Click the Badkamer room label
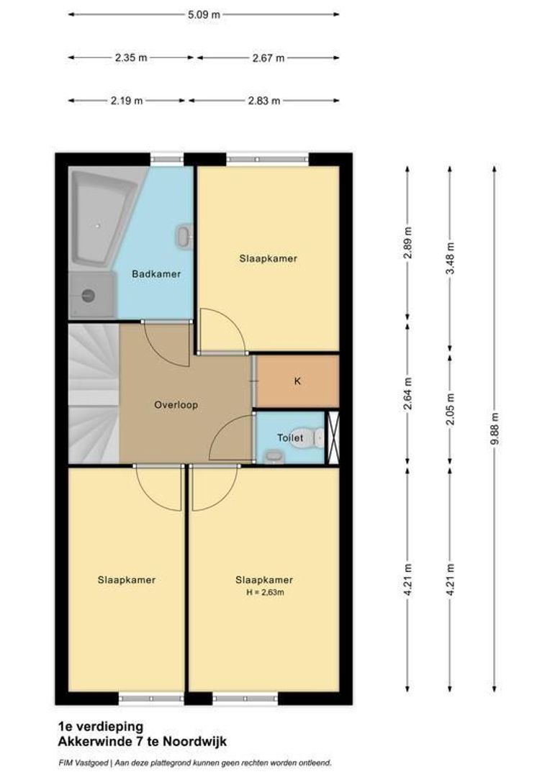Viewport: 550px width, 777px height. [x=155, y=274]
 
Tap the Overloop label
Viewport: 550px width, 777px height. [x=176, y=405]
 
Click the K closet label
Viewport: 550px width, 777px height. [x=297, y=381]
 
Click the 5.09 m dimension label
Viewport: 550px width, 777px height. [x=204, y=14]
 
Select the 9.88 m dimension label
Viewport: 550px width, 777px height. [x=495, y=430]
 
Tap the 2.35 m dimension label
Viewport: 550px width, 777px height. [x=130, y=58]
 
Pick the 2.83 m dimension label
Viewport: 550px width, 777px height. [x=263, y=101]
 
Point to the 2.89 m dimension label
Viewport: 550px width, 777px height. [x=408, y=243]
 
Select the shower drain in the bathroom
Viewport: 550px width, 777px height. [x=89, y=295]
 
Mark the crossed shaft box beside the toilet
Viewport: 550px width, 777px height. [x=333, y=437]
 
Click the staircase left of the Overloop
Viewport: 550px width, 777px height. [x=94, y=392]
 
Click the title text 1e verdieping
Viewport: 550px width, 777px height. [x=90, y=727]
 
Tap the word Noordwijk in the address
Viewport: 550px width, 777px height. [x=197, y=740]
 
